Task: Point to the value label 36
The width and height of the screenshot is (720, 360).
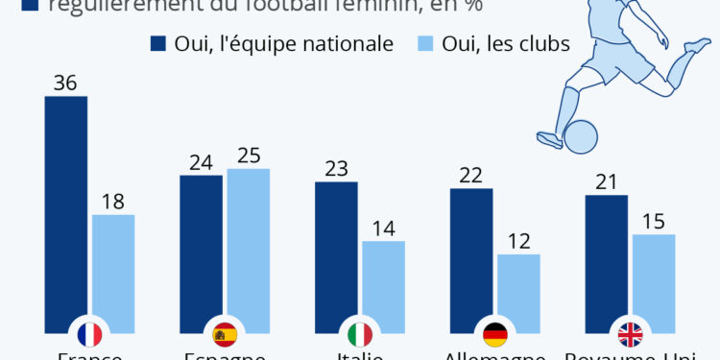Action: coord(66,84)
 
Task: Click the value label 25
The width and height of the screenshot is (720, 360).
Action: coord(249,156)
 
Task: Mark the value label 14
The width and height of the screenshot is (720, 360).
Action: coord(383,228)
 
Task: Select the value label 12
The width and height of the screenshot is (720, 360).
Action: coord(518,242)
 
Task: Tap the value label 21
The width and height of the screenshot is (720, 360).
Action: coord(607,182)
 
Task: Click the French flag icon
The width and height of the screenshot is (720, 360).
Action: coord(89,334)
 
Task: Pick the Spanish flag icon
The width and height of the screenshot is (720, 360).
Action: coord(226,334)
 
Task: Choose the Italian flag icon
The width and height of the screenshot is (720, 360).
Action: coord(360,334)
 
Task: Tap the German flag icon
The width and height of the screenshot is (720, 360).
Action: coord(495,334)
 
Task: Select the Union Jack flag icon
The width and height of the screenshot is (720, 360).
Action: coord(631,334)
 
